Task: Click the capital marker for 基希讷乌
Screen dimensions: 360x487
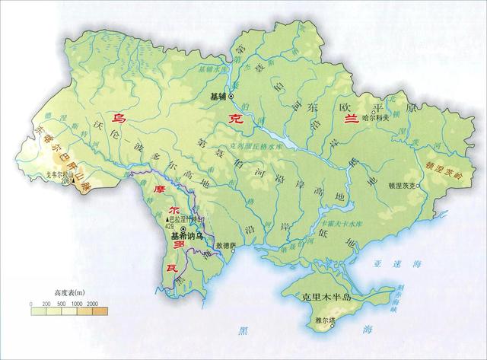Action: (189, 234)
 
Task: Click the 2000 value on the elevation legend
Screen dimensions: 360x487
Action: (91, 304)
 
